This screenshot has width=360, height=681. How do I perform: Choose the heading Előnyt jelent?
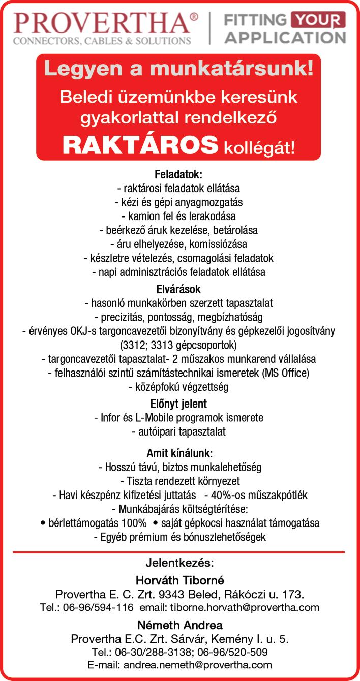click(x=178, y=404)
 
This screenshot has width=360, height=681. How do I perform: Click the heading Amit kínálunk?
click(x=179, y=453)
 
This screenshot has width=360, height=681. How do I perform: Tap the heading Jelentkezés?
click(x=179, y=563)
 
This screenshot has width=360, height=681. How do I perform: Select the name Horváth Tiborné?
click(x=179, y=580)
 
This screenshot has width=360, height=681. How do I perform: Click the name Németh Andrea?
click(x=179, y=625)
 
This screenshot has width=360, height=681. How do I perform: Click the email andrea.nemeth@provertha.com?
click(x=198, y=665)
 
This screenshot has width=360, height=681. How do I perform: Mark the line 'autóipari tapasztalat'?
click(x=178, y=432)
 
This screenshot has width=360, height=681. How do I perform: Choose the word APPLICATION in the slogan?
click(x=285, y=37)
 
